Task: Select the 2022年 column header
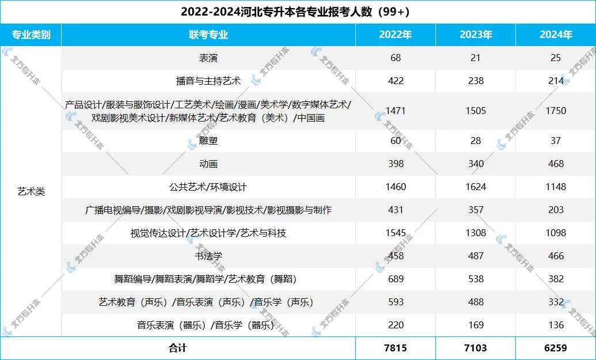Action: [395, 35]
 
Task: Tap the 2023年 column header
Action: [476, 35]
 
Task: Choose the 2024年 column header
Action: [556, 35]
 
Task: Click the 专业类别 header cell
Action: [31, 35]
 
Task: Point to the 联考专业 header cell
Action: [208, 35]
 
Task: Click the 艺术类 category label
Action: [31, 192]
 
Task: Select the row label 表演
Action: [208, 58]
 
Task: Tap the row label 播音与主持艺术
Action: [208, 81]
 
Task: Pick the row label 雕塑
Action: [208, 141]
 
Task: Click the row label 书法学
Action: [208, 256]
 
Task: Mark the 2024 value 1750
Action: [556, 111]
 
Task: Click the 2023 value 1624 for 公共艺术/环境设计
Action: [476, 187]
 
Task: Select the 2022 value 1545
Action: [395, 233]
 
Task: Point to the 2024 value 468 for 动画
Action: [556, 164]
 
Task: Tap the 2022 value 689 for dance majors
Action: [395, 279]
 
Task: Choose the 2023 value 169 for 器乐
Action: [476, 325]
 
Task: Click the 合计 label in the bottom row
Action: [178, 348]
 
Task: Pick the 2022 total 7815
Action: [395, 348]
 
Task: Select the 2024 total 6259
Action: [556, 348]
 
